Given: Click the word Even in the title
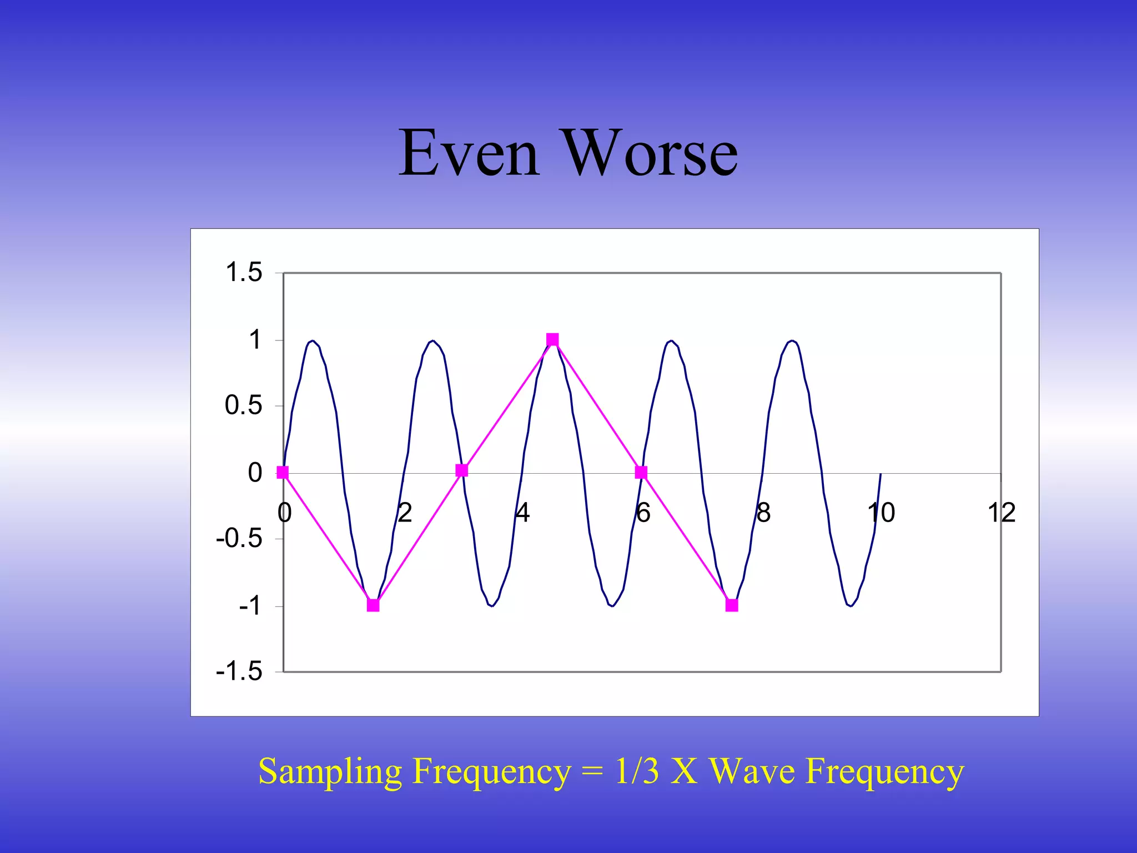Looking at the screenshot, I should [469, 153].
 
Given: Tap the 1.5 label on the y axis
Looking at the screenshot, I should [243, 273].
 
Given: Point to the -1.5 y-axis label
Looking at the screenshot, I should [239, 671].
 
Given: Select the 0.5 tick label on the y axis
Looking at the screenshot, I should [243, 405].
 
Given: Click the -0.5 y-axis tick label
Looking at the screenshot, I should [239, 538].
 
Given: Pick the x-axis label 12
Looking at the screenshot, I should [1001, 513].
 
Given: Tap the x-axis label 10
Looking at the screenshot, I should [881, 513].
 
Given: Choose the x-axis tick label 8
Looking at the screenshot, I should [763, 513].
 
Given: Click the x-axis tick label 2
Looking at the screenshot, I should [405, 513].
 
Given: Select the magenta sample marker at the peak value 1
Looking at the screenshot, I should [552, 339].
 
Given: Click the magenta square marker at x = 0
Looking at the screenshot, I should [283, 473].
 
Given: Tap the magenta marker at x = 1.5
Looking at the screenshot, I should [373, 605].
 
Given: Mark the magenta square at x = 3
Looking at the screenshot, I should [461, 470].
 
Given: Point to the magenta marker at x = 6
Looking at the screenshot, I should [641, 473].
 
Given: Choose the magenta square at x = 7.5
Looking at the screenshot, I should [732, 605].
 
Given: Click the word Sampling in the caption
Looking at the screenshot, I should [330, 772].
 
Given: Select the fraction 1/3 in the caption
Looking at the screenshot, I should [637, 771].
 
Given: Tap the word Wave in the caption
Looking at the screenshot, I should [752, 771].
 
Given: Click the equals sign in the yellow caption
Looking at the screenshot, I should [592, 772].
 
